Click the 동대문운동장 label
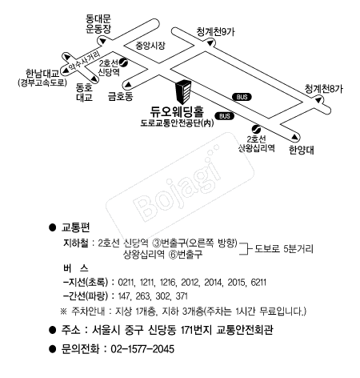click(98, 24)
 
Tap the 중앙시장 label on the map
click(150, 46)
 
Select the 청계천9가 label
click(216, 32)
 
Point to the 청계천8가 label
click(324, 89)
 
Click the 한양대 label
click(302, 150)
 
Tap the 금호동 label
click(120, 96)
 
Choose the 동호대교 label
click(84, 92)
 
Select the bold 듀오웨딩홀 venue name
click(177, 111)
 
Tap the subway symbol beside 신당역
click(124, 62)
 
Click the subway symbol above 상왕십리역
click(256, 129)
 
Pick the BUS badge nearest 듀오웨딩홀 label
click(225, 116)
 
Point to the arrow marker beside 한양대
click(294, 137)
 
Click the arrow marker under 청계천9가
click(210, 42)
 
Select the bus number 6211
click(258, 283)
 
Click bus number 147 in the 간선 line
click(123, 296)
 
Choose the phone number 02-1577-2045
click(142, 349)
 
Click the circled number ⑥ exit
click(173, 255)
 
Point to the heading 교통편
click(76, 227)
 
